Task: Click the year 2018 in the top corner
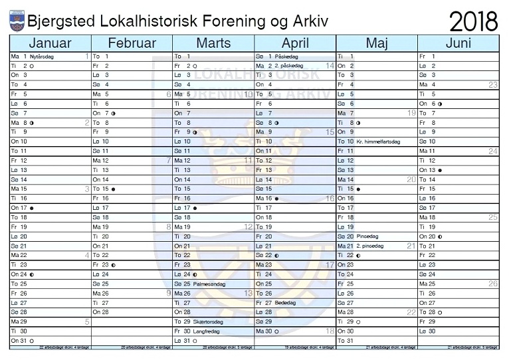[474, 21]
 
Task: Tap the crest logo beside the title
[17, 21]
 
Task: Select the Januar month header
[50, 43]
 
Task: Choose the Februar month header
[132, 43]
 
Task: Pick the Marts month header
[213, 43]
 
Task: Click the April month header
[295, 43]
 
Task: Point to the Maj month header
[377, 43]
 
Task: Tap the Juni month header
[458, 43]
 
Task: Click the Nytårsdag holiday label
[42, 57]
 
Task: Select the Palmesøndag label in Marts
[210, 284]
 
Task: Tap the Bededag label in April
[285, 302]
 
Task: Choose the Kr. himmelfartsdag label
[378, 141]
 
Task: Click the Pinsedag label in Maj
[367, 236]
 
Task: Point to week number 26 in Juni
[493, 284]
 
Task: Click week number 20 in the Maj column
[411, 179]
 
